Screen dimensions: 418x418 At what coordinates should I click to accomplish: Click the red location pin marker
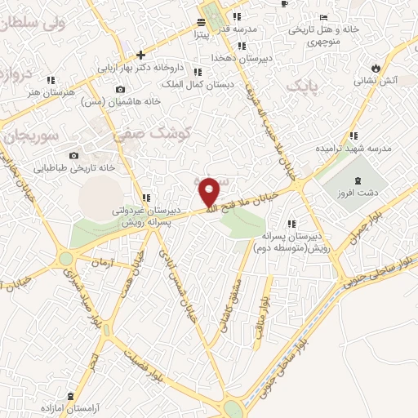tap(210, 191)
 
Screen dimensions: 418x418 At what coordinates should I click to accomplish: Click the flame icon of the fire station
tap(376, 66)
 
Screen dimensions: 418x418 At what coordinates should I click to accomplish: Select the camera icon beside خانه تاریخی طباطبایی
tap(74, 155)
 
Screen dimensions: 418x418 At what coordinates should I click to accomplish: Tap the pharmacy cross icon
tap(141, 56)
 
